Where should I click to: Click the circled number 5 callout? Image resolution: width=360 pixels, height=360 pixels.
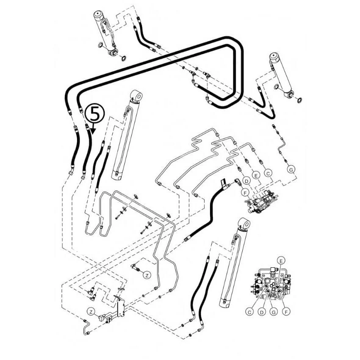pyautogui.click(x=94, y=114)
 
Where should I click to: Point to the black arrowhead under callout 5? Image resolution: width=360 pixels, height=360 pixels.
pyautogui.click(x=93, y=131)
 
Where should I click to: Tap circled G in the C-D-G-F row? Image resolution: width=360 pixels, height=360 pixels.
pyautogui.click(x=274, y=312)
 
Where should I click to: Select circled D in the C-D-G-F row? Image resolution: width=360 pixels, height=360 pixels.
pyautogui.click(x=261, y=312)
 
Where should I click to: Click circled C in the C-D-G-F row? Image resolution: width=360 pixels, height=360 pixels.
pyautogui.click(x=249, y=312)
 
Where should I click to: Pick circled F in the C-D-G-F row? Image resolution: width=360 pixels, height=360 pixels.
pyautogui.click(x=286, y=312)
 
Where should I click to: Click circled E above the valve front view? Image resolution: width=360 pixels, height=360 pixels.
pyautogui.click(x=281, y=261)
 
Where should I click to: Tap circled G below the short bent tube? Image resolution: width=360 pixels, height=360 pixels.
pyautogui.click(x=291, y=170)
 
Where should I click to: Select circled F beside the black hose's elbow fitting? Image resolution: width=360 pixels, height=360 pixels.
pyautogui.click(x=245, y=192)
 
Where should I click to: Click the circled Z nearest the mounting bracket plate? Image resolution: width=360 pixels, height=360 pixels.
pyautogui.click(x=91, y=312)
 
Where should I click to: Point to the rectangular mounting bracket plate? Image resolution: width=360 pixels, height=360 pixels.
pyautogui.click(x=121, y=307)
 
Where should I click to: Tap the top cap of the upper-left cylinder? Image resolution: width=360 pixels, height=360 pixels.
pyautogui.click(x=99, y=14)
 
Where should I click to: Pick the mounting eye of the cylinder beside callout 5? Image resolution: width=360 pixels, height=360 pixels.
pyautogui.click(x=136, y=95)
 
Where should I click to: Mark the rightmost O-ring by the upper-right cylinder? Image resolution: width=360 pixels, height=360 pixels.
pyautogui.click(x=299, y=100)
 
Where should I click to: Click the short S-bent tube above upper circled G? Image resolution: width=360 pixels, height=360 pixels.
pyautogui.click(x=282, y=147)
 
